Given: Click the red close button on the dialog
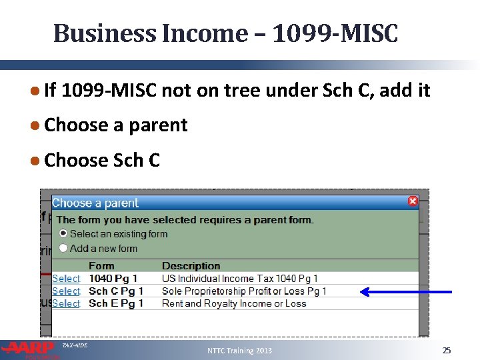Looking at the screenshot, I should (413, 201).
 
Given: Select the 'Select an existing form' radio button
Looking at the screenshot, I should (63, 233).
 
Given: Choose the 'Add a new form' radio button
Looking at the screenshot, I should (63, 248).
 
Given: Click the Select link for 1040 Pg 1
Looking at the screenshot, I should (66, 279).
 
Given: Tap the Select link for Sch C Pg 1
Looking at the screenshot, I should (66, 291).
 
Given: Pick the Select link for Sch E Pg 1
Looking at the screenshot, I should (66, 303).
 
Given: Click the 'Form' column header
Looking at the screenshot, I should (101, 266).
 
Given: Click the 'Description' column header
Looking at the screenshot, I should (191, 266).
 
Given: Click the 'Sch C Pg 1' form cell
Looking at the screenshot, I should (112, 291).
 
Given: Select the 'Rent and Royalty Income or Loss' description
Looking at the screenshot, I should (234, 303).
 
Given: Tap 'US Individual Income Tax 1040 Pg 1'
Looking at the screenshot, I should (240, 279).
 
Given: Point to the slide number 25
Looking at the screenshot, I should (447, 350).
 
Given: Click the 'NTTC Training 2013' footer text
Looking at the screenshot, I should (240, 351).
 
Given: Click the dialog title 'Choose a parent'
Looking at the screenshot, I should (95, 203).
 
